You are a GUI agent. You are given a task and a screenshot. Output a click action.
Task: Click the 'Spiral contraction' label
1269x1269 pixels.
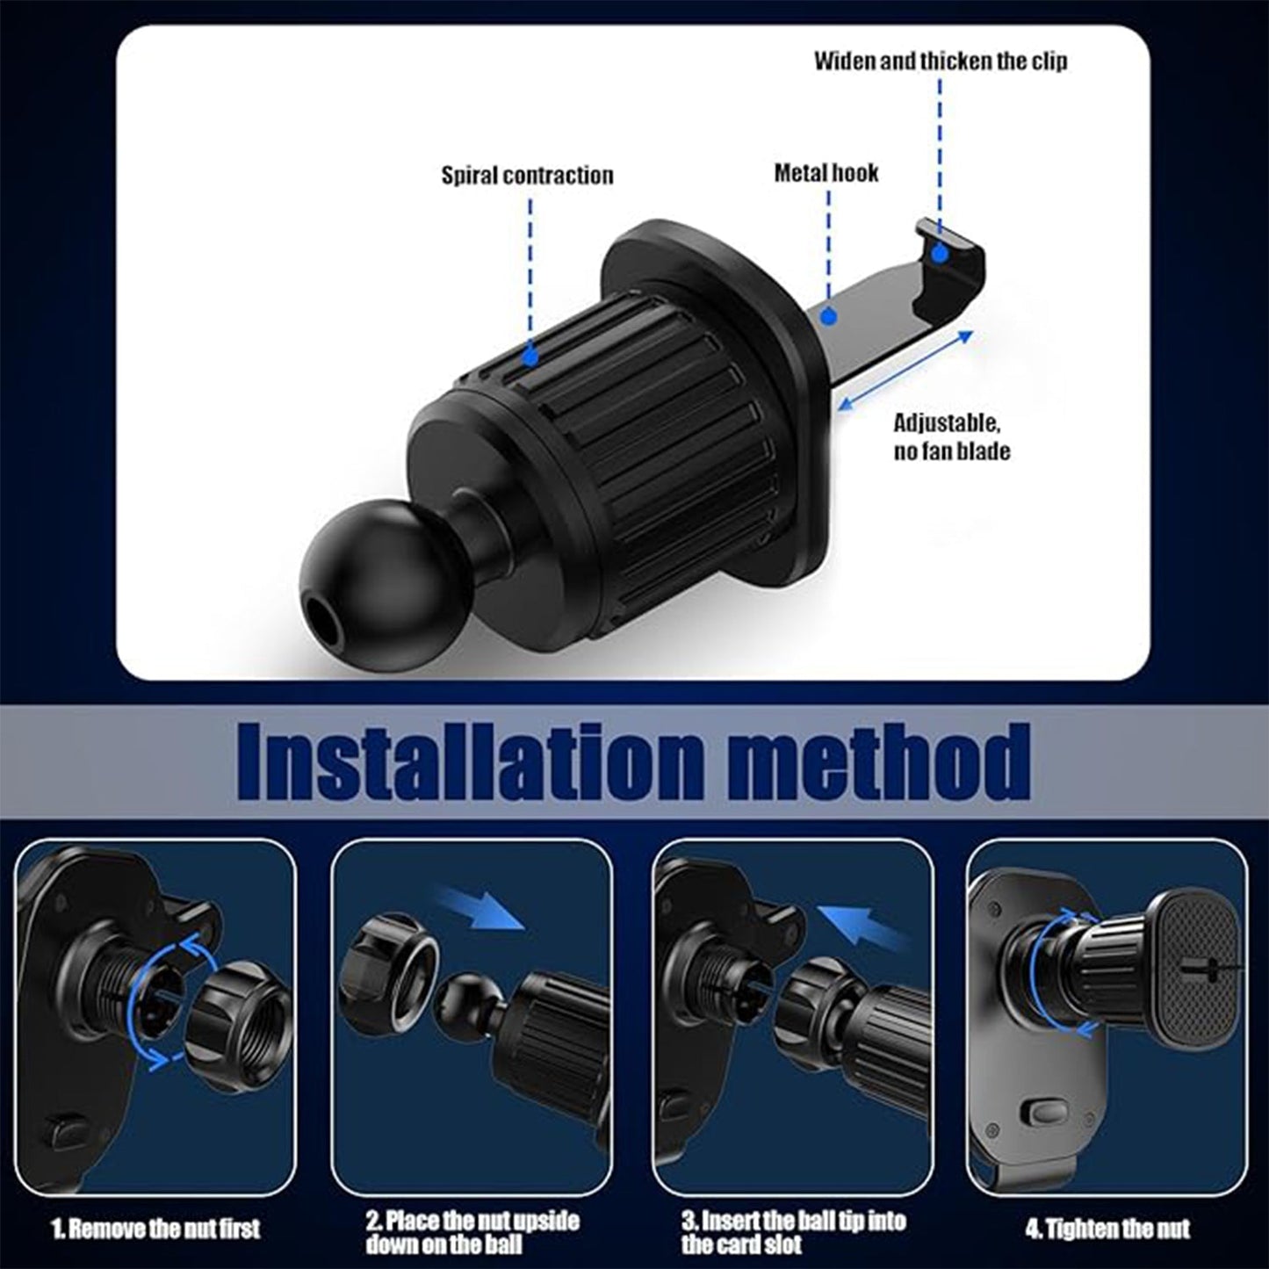(x=527, y=175)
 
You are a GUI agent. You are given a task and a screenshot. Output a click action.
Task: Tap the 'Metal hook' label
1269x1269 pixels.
(x=826, y=172)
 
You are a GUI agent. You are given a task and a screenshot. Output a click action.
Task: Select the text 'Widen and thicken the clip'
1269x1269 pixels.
(x=940, y=61)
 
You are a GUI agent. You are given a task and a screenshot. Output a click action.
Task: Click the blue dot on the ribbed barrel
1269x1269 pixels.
(x=530, y=357)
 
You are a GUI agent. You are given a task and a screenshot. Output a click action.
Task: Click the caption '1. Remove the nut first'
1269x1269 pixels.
(x=155, y=1227)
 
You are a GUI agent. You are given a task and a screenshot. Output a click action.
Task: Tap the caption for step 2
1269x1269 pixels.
(x=472, y=1232)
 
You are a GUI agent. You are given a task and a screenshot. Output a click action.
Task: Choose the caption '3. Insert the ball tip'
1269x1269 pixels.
(x=792, y=1232)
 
